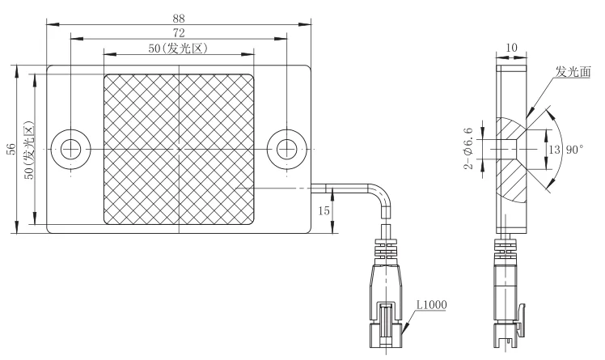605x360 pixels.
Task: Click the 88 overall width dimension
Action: coord(179,18)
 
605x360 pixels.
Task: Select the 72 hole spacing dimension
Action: coord(179,32)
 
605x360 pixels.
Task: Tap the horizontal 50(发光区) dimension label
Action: coord(178,49)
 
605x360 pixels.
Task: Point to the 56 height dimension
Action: coord(12,149)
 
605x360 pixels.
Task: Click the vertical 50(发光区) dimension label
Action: coord(29,150)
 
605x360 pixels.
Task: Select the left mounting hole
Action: coord(70,149)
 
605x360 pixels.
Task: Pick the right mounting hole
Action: coord(286,149)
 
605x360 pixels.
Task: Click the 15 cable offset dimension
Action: coord(324,210)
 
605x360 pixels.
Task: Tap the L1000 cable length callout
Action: coord(431,305)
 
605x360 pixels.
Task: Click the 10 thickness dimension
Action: coord(511,48)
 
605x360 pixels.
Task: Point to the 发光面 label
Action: coord(573,72)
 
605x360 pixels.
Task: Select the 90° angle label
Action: coord(574,150)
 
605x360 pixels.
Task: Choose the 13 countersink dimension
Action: coord(554,150)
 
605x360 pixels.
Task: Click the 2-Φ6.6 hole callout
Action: coord(468,149)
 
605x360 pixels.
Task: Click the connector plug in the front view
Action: coord(386,305)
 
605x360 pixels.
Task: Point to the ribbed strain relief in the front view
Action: coord(386,251)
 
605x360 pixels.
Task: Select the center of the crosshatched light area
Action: coord(179,149)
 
